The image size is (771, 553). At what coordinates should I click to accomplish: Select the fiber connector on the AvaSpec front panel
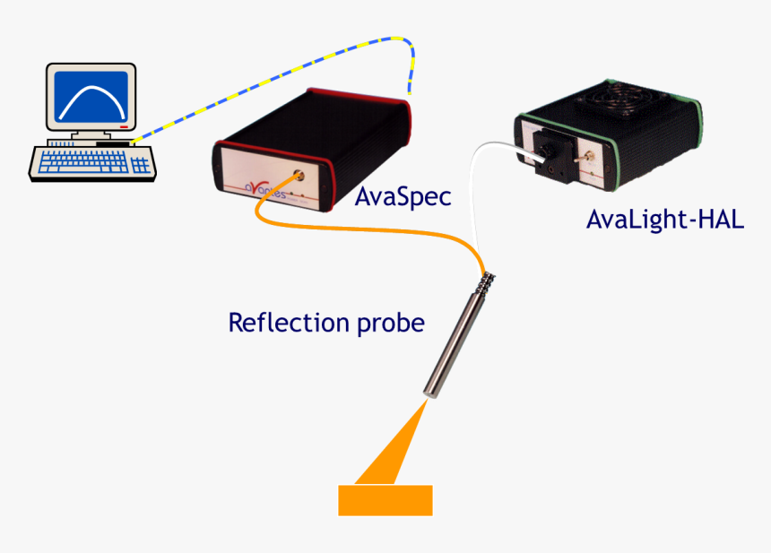[x=296, y=172]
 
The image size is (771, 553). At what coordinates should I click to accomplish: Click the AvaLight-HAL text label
[x=664, y=220]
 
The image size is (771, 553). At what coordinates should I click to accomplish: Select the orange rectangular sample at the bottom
[x=385, y=500]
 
